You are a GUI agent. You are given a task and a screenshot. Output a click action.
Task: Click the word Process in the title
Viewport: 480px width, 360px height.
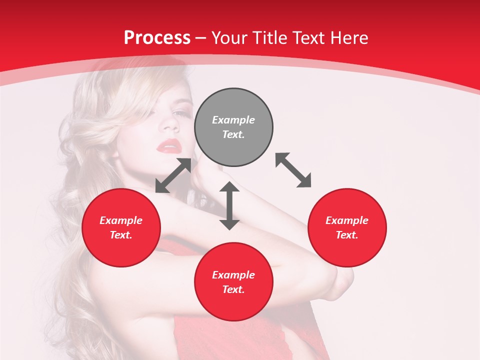[x=157, y=38]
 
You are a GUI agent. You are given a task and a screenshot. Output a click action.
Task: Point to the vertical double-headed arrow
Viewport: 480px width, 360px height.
[x=229, y=206]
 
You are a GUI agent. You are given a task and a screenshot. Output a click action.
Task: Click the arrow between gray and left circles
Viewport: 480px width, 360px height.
[x=173, y=175]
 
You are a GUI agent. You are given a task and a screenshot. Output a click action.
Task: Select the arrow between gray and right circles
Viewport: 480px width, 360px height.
[x=293, y=170]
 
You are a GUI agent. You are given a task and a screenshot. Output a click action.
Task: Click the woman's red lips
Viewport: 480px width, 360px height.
[x=168, y=145]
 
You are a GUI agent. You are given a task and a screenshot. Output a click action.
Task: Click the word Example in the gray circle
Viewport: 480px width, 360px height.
[x=233, y=120]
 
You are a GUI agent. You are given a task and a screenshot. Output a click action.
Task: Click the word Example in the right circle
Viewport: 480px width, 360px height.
[x=347, y=220]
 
